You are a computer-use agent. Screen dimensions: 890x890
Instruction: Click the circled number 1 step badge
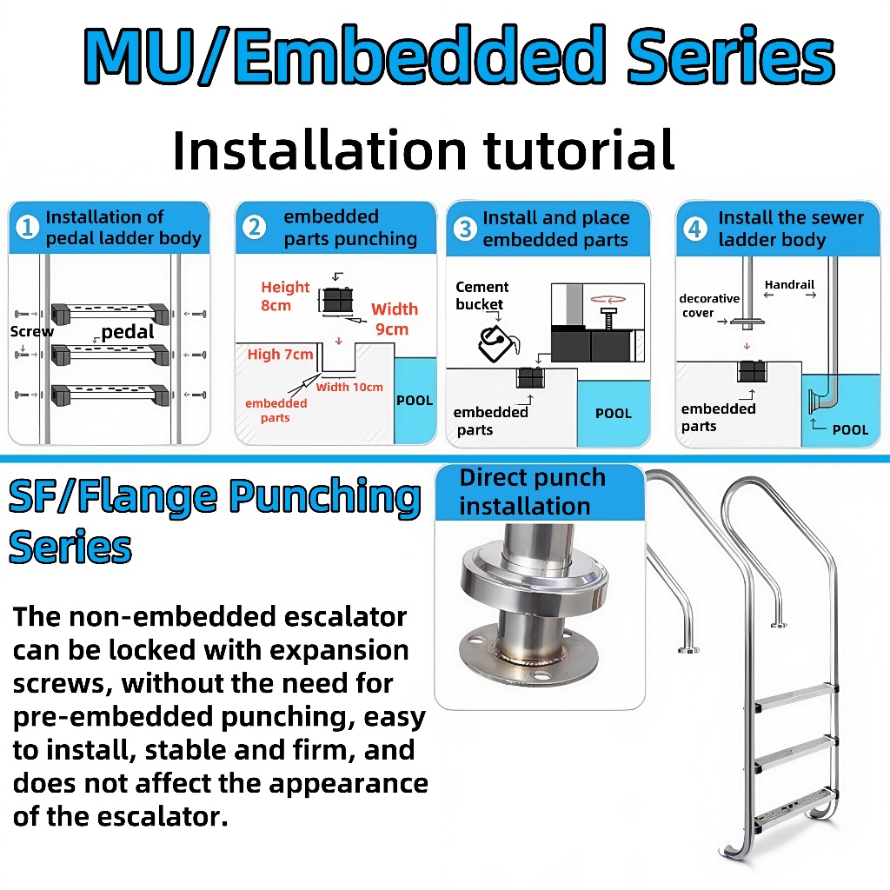pos(27,227)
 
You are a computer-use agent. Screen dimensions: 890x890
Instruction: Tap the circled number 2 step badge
pos(254,227)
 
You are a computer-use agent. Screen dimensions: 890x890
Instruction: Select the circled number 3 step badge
pos(465,229)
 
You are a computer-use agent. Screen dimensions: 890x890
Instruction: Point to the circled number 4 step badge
pos(694,229)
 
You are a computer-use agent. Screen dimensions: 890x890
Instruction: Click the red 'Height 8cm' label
pos(285,296)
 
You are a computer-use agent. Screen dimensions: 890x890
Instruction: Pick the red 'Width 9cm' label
pos(395,319)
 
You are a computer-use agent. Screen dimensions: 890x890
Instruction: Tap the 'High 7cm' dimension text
pos(280,355)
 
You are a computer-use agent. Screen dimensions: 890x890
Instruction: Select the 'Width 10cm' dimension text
pos(349,387)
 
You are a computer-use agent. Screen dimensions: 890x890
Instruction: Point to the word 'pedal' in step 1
pos(127,331)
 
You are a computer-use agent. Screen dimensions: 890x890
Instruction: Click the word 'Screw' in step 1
pos(32,331)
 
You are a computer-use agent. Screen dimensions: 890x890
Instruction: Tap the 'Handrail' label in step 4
pos(789,284)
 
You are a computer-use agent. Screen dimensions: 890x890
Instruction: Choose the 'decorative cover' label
pos(709,305)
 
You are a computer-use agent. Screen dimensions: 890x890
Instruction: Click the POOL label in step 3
pos(613,413)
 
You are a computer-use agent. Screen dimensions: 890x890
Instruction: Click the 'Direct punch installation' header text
pos(533,492)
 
